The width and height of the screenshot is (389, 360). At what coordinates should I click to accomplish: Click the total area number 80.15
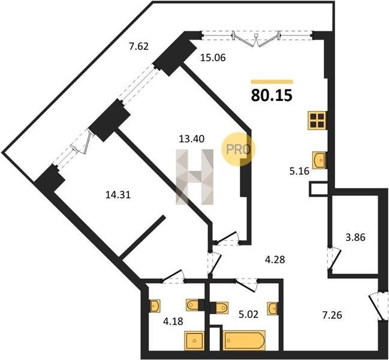pyautogui.click(x=272, y=95)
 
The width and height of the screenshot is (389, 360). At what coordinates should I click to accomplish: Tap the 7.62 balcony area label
pyautogui.click(x=138, y=46)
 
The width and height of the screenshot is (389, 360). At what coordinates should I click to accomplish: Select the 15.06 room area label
pyautogui.click(x=213, y=58)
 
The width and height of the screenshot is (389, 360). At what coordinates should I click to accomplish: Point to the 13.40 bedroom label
pyautogui.click(x=192, y=139)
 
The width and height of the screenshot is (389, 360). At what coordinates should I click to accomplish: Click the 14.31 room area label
pyautogui.click(x=118, y=195)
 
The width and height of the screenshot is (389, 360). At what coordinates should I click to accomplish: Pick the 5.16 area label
pyautogui.click(x=300, y=172)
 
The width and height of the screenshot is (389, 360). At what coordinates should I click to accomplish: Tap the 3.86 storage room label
pyautogui.click(x=355, y=238)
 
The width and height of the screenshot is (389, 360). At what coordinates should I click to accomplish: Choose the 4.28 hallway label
pyautogui.click(x=275, y=260)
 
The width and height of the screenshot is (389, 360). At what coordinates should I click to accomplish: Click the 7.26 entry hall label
pyautogui.click(x=332, y=316)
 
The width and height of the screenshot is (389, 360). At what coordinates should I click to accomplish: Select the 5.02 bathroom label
pyautogui.click(x=248, y=314)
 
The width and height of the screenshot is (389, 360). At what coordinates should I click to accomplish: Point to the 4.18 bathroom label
pyautogui.click(x=173, y=321)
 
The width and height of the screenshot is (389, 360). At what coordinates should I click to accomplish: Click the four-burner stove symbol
pyautogui.click(x=317, y=121)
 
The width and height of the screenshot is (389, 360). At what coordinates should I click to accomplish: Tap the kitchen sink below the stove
pyautogui.click(x=319, y=160)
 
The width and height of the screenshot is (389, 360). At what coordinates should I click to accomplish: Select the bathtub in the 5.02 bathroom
pyautogui.click(x=244, y=340)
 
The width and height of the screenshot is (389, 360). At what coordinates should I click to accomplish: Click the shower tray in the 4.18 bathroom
pyautogui.click(x=194, y=341)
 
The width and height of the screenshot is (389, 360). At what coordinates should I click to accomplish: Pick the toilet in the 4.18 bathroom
pyautogui.click(x=192, y=305)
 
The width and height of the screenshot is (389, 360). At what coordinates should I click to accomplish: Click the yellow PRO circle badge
pyautogui.click(x=238, y=149)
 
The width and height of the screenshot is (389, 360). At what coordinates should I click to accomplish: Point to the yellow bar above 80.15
pyautogui.click(x=272, y=82)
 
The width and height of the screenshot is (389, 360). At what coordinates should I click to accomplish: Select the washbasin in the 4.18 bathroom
pyautogui.click(x=155, y=305)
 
